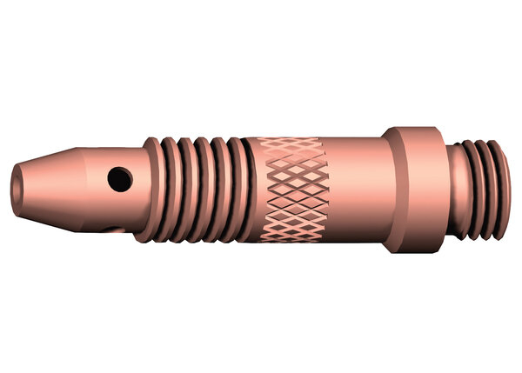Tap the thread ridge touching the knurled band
(233, 187)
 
